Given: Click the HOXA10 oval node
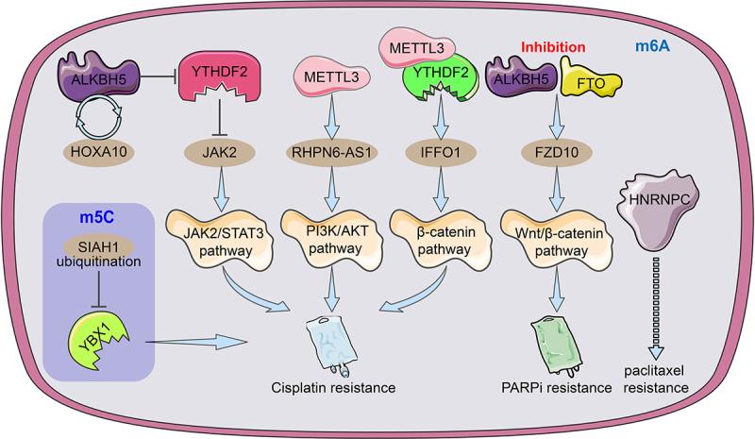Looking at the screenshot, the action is coord(99,152).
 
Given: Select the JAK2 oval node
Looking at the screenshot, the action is coord(220,152).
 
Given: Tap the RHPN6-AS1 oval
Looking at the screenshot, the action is coord(332,152).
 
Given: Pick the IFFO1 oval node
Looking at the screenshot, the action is coord(441,152).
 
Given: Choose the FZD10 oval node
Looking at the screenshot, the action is coord(557,152).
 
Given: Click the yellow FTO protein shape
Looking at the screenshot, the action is coord(591,79).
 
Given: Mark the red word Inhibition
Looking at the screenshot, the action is coord(553,47).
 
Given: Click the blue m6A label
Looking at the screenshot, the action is coord(652,46).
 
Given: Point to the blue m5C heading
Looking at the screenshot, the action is coord(97,217).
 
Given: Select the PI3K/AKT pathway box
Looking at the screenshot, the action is coord(333,240).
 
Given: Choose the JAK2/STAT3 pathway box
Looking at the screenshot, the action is coord(221,240).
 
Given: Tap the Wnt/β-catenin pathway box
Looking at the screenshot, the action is coord(558,240).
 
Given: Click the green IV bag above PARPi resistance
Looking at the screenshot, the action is coord(557,346).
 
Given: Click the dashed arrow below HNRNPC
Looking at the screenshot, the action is coord(655,309).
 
